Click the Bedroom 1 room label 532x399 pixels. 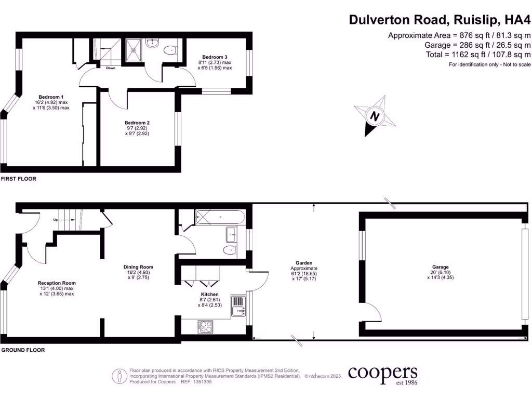tap(51, 97)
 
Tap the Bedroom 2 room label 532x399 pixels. tap(137, 123)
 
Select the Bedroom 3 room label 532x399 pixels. tap(215, 57)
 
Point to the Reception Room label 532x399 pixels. tap(57, 283)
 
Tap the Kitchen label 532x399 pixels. tap(210, 294)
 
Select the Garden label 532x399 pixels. tap(304, 263)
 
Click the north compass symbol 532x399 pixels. tap(374, 116)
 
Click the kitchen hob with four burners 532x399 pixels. tap(206, 326)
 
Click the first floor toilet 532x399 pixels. tap(169, 50)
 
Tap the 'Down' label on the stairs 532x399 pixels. tap(111, 68)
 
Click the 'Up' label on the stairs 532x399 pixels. tap(56, 220)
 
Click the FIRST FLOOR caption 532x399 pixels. tap(19, 179)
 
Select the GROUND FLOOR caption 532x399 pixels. tap(23, 350)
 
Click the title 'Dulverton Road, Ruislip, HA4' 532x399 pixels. tap(440, 20)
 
